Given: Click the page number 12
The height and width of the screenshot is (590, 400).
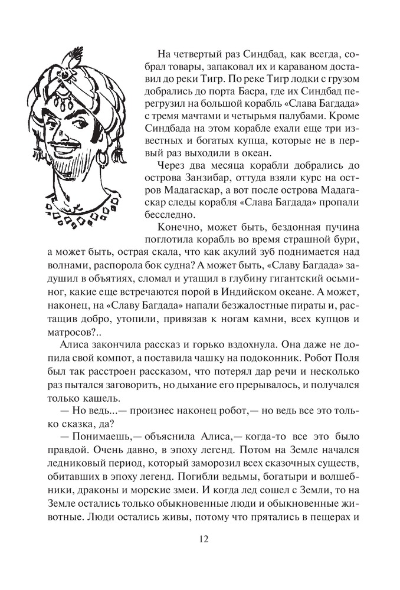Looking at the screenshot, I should [200, 539].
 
